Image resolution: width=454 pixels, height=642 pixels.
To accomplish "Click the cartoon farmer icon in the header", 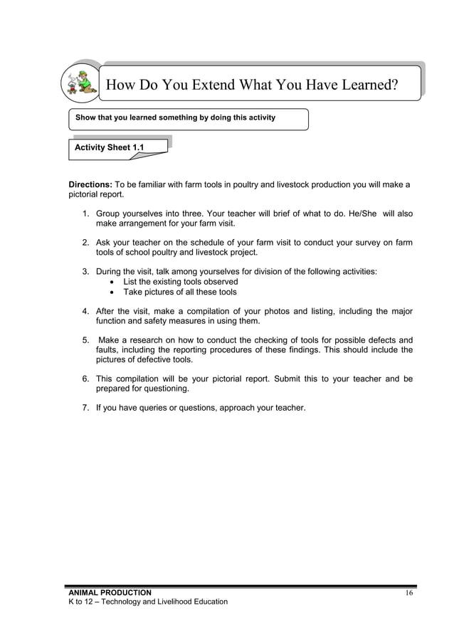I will point(80,83).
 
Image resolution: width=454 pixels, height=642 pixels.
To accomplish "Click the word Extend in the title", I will point(208,87).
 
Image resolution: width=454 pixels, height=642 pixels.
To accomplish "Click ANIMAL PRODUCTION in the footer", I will point(110,593).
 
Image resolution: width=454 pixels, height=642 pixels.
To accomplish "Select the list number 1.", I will point(85,214).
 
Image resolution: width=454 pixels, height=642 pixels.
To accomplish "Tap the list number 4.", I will point(85,311).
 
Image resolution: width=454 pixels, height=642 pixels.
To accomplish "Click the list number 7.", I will point(85,409).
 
